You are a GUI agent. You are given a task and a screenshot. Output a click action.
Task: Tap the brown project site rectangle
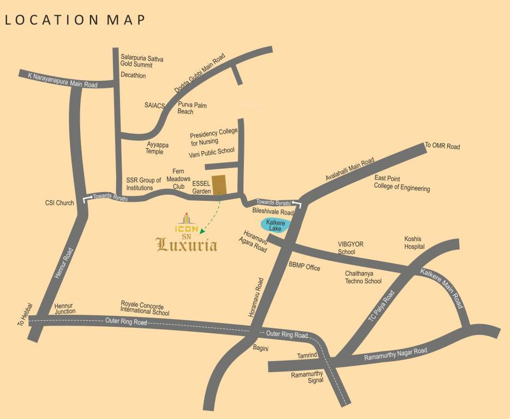point(219,184)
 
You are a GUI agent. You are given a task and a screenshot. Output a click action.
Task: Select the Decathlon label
point(133,76)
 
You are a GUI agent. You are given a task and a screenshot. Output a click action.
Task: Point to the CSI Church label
point(59,203)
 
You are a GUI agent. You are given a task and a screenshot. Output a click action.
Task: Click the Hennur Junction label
point(64,309)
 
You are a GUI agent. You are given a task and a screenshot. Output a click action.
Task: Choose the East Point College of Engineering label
point(401,183)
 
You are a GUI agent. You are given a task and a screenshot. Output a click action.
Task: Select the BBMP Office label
point(304,267)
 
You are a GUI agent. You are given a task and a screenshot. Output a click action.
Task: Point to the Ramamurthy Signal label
point(307,378)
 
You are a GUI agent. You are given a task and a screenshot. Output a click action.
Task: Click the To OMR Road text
point(442,146)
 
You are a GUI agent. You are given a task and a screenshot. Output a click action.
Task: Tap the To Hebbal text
point(21,315)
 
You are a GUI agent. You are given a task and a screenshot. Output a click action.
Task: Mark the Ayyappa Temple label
point(158,148)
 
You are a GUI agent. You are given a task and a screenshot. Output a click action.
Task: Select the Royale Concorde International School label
point(145,309)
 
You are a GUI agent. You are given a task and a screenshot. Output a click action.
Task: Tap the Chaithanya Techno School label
point(363,277)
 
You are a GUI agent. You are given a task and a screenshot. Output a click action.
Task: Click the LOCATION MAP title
point(75,20)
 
